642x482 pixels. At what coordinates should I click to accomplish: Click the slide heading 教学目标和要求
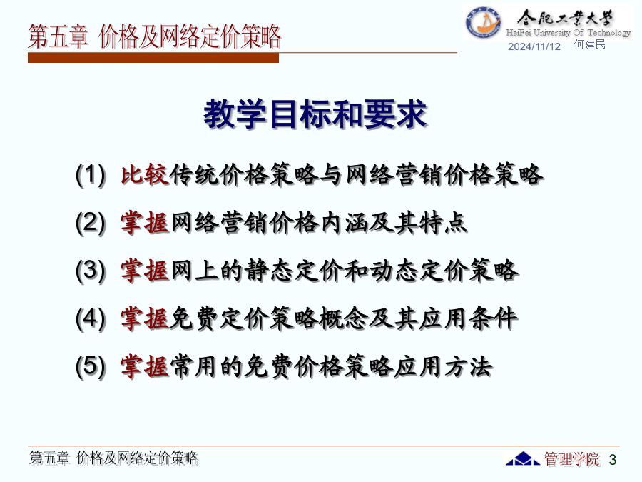(315, 114)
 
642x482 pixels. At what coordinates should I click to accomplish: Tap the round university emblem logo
(483, 22)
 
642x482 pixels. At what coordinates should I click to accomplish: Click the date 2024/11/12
(534, 46)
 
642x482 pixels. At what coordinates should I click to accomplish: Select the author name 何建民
(590, 45)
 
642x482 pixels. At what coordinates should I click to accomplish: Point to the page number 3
(613, 459)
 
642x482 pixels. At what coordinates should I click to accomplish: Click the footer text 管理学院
(571, 459)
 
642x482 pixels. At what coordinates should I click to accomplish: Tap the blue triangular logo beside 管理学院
(522, 458)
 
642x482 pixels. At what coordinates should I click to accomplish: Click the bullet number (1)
(91, 175)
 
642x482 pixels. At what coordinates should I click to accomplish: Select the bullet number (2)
(91, 223)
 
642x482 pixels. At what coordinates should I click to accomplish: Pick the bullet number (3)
(91, 271)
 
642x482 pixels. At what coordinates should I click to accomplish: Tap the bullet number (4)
(91, 318)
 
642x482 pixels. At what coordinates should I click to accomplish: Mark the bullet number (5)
(91, 366)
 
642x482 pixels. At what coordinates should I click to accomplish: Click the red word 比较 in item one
(145, 175)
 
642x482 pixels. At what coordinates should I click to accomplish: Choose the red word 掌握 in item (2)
(145, 223)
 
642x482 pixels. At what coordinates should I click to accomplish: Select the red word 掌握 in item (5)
(145, 366)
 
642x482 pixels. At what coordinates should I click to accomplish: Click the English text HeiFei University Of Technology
(569, 32)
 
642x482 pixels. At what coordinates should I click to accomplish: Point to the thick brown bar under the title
(153, 58)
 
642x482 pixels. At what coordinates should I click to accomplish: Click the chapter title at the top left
(154, 36)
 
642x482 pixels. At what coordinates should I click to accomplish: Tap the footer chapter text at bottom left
(113, 458)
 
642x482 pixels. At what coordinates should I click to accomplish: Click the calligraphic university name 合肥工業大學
(565, 18)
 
